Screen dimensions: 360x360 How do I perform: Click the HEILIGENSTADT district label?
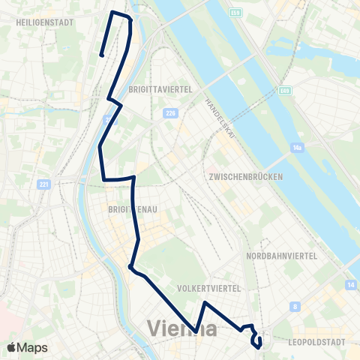44,22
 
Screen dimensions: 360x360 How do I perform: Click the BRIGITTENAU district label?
132,211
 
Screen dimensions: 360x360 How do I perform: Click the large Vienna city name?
183,328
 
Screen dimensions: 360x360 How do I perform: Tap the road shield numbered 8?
296,306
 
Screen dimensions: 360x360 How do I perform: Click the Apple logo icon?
12,347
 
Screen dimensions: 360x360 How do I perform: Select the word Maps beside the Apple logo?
34,347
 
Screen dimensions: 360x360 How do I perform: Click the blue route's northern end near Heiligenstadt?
101,54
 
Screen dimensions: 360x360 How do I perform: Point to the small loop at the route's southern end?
257,342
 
